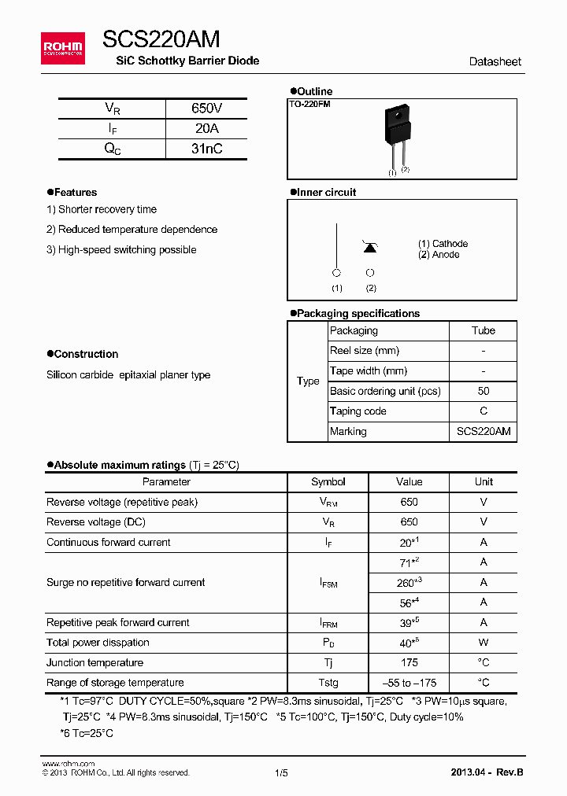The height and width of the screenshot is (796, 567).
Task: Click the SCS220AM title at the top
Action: coord(161,39)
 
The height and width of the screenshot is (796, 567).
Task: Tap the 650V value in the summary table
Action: coord(206,109)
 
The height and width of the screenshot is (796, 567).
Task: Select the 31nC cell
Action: coord(206,149)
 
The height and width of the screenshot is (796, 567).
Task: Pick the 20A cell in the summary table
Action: coord(206,129)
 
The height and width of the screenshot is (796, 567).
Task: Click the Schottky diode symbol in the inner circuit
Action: coord(369,247)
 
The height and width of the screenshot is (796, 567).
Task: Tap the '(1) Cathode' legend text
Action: coord(443,244)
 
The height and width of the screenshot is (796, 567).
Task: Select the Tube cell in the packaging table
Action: coord(483,330)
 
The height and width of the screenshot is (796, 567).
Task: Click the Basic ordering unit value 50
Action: coord(483,391)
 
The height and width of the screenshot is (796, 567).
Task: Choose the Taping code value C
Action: coord(483,411)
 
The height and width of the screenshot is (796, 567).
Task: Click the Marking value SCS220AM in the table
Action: coord(483,431)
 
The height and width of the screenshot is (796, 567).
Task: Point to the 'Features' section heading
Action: coord(75,192)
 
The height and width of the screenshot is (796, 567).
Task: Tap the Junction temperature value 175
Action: coord(409,662)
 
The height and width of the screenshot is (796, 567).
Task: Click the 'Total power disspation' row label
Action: coord(98,643)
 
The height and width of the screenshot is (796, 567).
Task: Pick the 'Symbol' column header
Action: coord(328,481)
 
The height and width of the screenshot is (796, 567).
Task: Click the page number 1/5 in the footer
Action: coord(282,772)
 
